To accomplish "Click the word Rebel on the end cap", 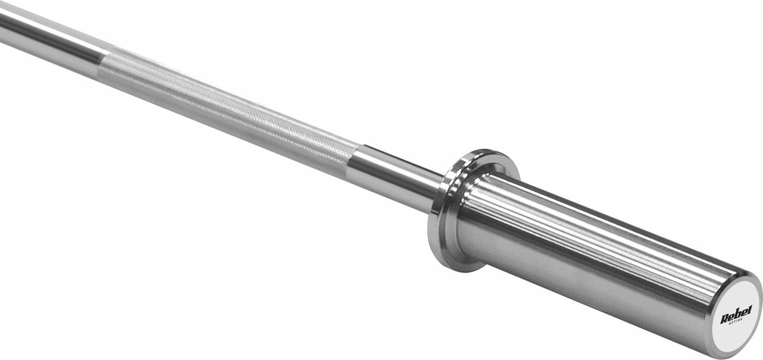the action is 736,315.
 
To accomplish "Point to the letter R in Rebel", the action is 724,319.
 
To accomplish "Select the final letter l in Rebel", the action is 750,309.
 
